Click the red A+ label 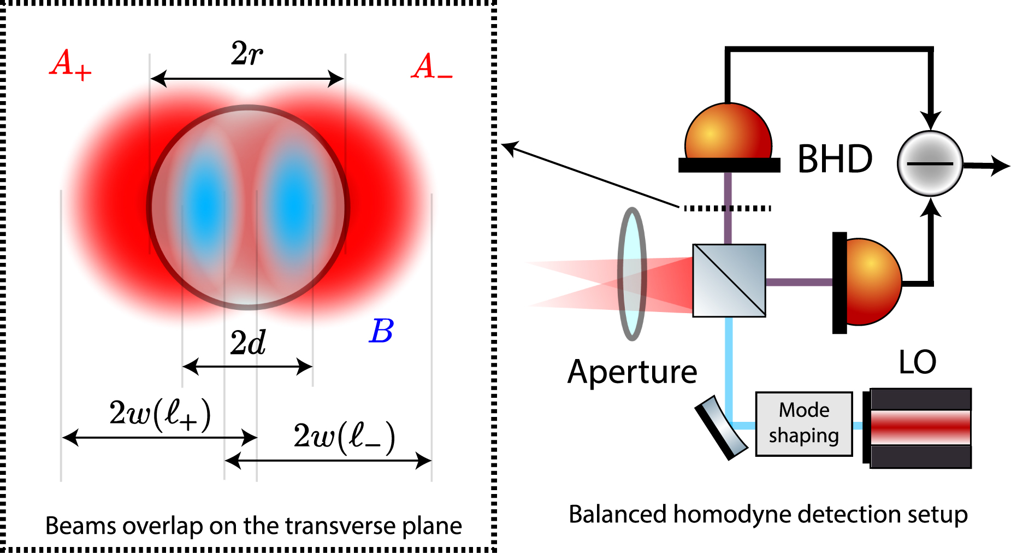70,64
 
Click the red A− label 431,67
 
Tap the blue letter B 381,331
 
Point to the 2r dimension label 247,54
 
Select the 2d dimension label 247,343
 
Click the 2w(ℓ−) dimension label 344,437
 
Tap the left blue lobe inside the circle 205,205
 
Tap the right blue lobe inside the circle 294,205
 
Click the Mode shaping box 803,423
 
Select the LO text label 917,362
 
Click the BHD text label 835,160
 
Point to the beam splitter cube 729,280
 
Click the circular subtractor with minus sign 930,163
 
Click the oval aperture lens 632,274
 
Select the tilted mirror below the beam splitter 721,427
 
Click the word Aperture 632,372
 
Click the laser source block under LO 920,428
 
